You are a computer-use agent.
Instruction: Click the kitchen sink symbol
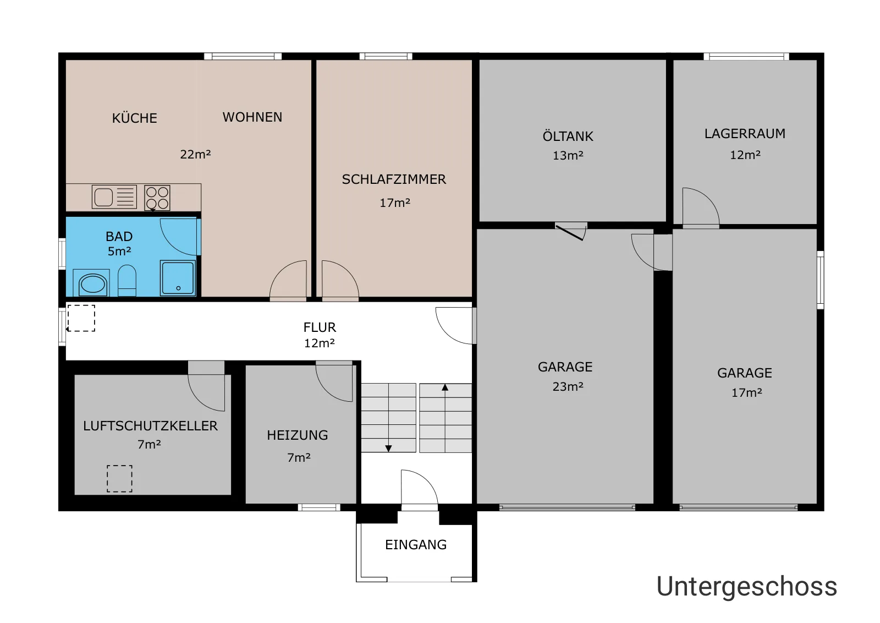pyautogui.click(x=114, y=196)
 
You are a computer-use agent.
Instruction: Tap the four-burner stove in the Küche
pyautogui.click(x=157, y=198)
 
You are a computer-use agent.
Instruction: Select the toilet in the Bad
pyautogui.click(x=127, y=280)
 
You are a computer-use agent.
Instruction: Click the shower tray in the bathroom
pyautogui.click(x=178, y=277)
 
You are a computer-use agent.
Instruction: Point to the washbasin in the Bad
pyautogui.click(x=92, y=283)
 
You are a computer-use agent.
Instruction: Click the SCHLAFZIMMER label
pyautogui.click(x=394, y=179)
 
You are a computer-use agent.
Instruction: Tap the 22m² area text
pyautogui.click(x=195, y=154)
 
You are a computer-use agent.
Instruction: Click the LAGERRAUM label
pyautogui.click(x=745, y=134)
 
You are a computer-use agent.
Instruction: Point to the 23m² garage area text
pyautogui.click(x=568, y=386)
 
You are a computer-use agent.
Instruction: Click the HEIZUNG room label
pyautogui.click(x=298, y=435)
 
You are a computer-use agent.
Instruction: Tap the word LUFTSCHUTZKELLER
pyautogui.click(x=150, y=425)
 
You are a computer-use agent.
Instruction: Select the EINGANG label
pyautogui.click(x=416, y=544)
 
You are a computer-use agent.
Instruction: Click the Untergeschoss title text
pyautogui.click(x=746, y=587)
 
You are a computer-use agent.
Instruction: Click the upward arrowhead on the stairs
pyautogui.click(x=445, y=387)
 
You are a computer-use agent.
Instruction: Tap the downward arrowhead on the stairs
pyautogui.click(x=388, y=448)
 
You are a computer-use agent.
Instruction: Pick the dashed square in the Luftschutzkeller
pyautogui.click(x=119, y=479)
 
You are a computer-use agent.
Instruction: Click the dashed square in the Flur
pyautogui.click(x=81, y=318)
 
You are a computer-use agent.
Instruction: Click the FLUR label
pyautogui.click(x=320, y=327)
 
